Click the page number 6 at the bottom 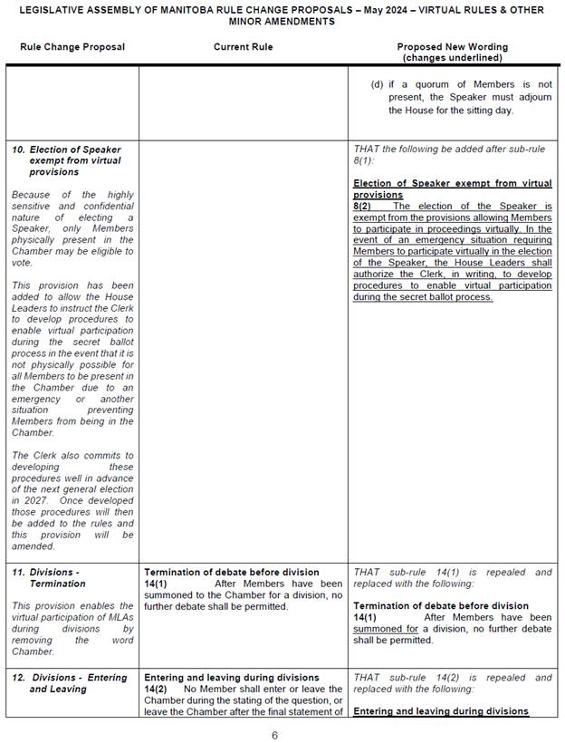274,735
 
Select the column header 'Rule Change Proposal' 72,47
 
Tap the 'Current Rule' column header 243,47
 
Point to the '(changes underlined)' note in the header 453,58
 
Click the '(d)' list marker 376,84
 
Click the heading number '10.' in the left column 18,150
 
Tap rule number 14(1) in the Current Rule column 157,584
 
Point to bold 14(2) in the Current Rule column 157,689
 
